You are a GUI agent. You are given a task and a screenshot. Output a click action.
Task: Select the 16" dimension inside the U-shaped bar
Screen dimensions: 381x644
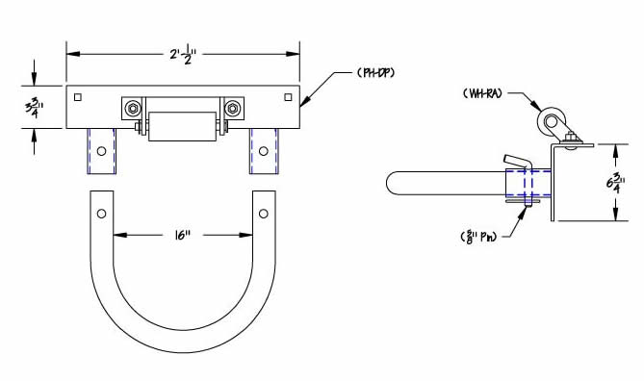[184, 234]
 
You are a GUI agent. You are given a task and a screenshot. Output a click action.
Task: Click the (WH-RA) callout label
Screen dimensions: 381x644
[486, 93]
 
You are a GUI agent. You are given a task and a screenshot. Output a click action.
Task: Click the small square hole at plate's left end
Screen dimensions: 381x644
[80, 96]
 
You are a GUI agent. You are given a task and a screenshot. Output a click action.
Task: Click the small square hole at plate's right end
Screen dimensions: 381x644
[288, 96]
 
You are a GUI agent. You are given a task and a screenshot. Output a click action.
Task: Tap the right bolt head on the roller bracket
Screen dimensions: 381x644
[232, 109]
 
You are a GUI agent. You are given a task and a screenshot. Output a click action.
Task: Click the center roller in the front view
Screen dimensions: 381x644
[182, 126]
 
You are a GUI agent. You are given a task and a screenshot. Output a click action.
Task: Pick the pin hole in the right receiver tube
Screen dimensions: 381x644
[263, 152]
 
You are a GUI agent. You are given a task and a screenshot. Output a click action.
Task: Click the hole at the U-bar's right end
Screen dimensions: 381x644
[263, 210]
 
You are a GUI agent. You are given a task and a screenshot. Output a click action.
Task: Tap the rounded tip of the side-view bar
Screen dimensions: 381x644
[394, 183]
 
